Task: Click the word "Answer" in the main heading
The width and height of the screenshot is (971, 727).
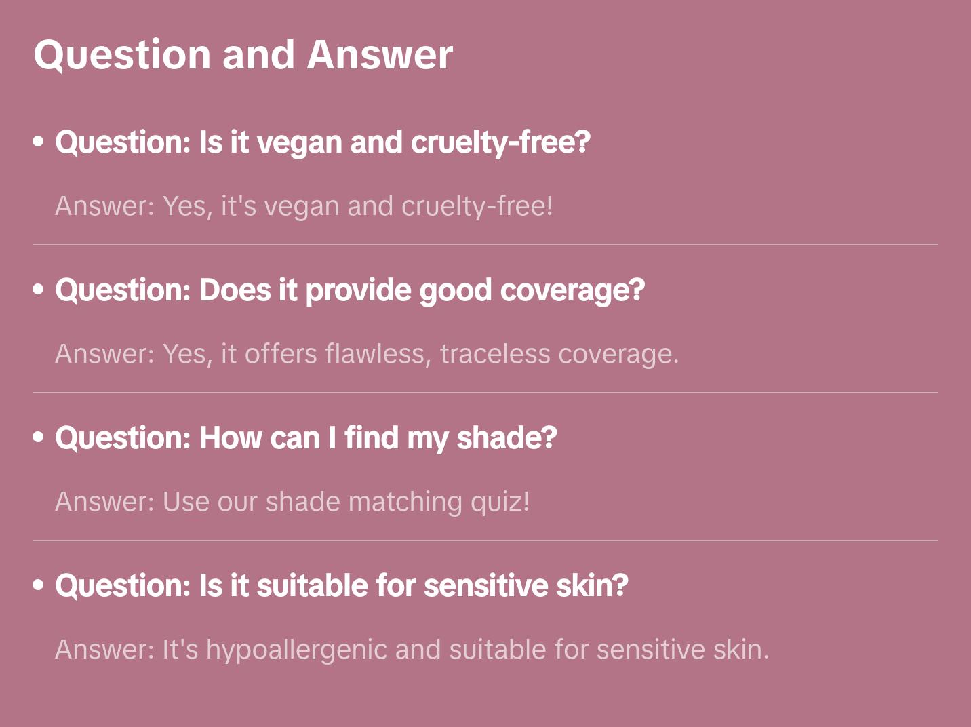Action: point(380,54)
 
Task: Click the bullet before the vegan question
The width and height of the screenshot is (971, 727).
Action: point(39,142)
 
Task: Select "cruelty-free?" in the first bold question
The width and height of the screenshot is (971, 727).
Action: point(500,142)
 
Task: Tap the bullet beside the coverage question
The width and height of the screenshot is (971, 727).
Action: point(39,290)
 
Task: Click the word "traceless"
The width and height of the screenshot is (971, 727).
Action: point(495,354)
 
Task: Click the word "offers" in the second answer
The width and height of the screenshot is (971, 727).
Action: point(281,354)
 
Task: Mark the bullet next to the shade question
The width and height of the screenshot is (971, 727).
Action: point(39,437)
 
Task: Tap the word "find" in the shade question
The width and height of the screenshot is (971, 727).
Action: point(371,438)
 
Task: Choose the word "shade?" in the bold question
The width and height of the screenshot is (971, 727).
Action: point(507,438)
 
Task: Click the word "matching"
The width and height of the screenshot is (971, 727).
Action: point(405,502)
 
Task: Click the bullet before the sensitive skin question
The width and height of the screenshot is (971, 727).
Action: point(39,585)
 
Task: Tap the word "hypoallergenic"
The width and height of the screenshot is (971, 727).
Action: point(296,650)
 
